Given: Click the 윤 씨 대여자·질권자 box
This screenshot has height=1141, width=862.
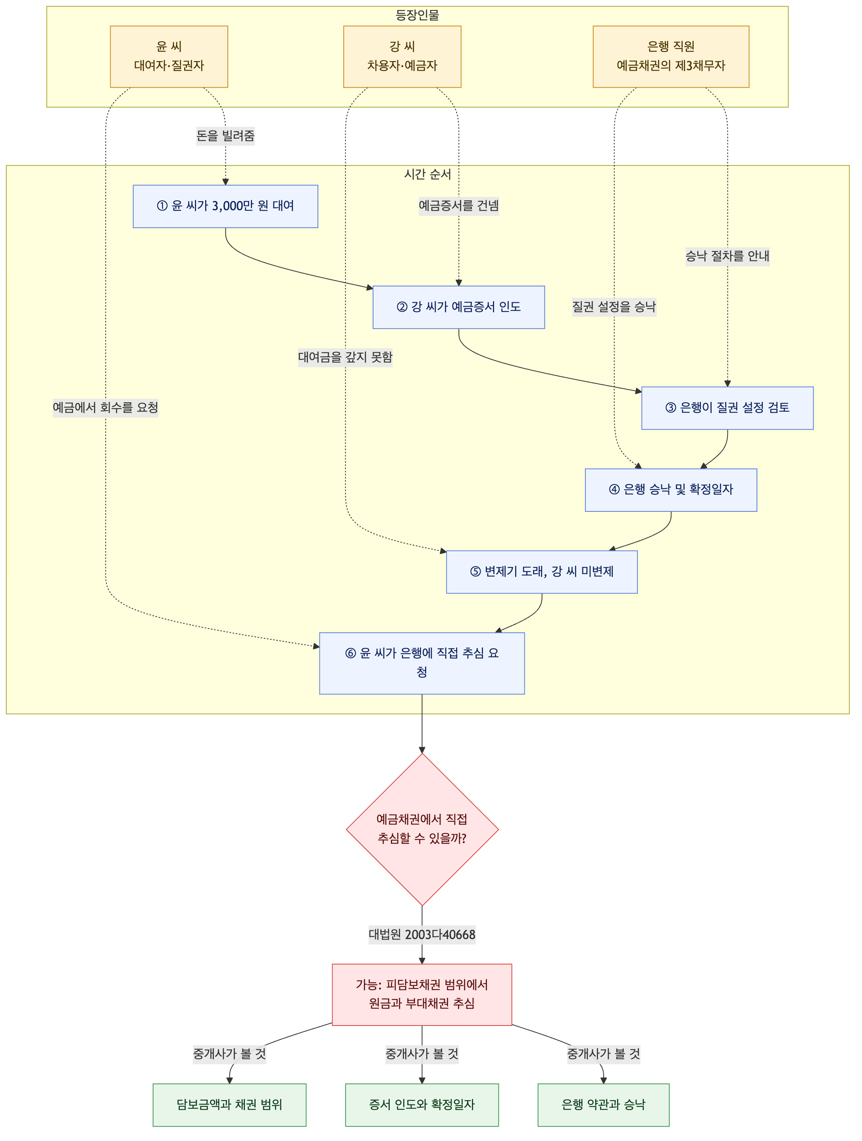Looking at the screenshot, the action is pos(169,57).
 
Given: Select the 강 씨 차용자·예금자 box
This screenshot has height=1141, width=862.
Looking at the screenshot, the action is pos(402,57).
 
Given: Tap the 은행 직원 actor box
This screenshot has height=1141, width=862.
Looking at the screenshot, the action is pos(671,57).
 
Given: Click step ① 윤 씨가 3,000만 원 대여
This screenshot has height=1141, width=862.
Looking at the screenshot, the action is pos(225,206).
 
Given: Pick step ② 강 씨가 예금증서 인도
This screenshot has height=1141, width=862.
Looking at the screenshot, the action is pos(459,307).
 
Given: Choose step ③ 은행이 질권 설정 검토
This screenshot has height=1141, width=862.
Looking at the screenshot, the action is pos(727,408).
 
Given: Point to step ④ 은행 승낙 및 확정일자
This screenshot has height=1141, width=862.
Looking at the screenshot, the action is pos(671,490).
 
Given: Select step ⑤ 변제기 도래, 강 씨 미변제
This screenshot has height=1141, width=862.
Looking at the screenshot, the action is pos(542,572).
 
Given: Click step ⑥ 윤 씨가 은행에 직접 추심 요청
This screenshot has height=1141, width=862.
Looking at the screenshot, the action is pos(422,663).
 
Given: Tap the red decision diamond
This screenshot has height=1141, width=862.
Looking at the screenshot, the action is pos(422,830).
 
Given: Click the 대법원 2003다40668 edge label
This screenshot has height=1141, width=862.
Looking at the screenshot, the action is pos(422,935).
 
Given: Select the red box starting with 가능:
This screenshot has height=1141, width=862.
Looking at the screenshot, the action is pos(422,995).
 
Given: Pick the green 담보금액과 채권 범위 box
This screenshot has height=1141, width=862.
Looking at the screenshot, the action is pos(229,1105).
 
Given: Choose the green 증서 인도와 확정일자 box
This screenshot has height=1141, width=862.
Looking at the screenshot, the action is pos(422,1105).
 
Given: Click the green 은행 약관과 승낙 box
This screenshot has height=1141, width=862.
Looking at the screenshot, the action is pos(604,1105).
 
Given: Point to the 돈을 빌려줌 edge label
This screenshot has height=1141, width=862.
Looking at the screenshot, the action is pos(225,136).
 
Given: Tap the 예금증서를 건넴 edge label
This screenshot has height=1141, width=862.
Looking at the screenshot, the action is pos(459,206).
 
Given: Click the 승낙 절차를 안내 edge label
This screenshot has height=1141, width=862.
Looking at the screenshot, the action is pos(727,256).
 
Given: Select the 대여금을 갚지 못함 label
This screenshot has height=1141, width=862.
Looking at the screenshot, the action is pos(345,357).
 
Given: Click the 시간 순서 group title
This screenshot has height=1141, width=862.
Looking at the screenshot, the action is pos(428,174).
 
